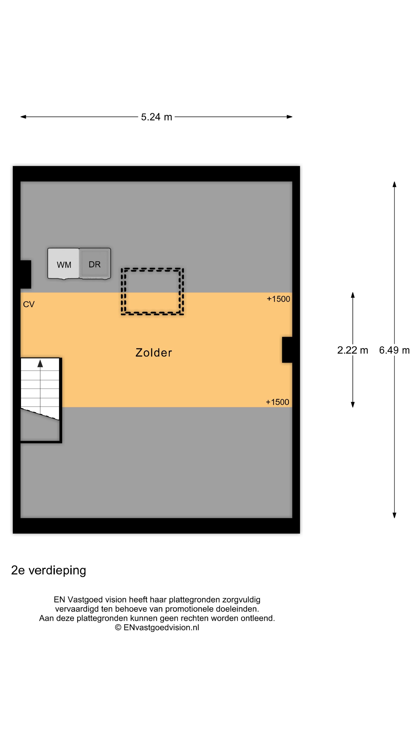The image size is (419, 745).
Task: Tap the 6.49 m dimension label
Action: click(x=394, y=350)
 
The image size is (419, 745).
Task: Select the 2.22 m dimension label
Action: click(x=352, y=350)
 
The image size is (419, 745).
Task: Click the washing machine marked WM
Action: click(x=63, y=263)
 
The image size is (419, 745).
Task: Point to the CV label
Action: click(x=29, y=304)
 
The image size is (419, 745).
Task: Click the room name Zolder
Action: click(x=154, y=353)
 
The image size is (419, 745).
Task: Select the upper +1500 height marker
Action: click(x=278, y=299)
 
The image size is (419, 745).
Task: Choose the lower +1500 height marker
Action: click(x=277, y=402)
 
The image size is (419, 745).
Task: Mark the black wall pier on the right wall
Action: click(x=287, y=350)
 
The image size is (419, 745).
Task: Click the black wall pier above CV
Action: click(x=26, y=274)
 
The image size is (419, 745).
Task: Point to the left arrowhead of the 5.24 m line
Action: click(x=23, y=117)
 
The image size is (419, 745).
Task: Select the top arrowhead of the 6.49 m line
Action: click(x=394, y=184)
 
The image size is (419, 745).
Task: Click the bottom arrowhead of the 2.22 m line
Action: click(x=352, y=405)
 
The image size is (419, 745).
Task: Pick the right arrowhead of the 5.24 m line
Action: click(x=289, y=117)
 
